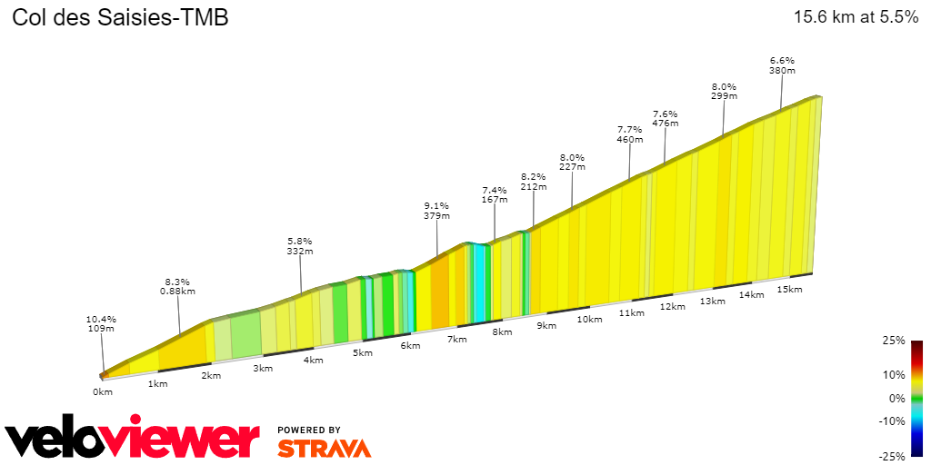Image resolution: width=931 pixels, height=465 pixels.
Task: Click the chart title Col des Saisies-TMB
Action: pyautogui.click(x=119, y=17)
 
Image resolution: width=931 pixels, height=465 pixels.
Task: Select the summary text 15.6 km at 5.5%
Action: pyautogui.click(x=856, y=17)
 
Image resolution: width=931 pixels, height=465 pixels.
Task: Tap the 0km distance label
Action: pyautogui.click(x=102, y=391)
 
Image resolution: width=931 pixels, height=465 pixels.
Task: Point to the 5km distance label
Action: pyautogui.click(x=363, y=352)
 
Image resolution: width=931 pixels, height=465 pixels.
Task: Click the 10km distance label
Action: pyautogui.click(x=589, y=319)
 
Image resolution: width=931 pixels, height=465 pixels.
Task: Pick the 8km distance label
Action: pyautogui.click(x=501, y=332)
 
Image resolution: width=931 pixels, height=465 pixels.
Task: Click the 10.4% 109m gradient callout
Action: pyautogui.click(x=101, y=323)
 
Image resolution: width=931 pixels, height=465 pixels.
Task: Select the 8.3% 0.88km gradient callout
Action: pyautogui.click(x=179, y=286)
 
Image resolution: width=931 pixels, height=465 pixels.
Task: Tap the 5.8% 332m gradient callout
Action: pyautogui.click(x=300, y=246)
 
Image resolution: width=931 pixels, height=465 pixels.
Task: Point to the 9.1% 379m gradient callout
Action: pyautogui.click(x=436, y=211)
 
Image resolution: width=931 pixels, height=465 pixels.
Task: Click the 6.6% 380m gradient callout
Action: pyautogui.click(x=782, y=64)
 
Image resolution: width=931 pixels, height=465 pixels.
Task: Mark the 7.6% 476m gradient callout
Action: pyautogui.click(x=666, y=118)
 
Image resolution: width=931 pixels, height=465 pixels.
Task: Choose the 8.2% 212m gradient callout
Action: pyautogui.click(x=534, y=182)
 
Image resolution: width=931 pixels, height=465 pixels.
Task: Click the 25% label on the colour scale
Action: pyautogui.click(x=894, y=341)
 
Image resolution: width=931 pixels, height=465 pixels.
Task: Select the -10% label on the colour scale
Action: pyautogui.click(x=892, y=420)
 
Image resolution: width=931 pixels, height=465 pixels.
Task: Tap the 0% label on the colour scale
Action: pyautogui.click(x=896, y=398)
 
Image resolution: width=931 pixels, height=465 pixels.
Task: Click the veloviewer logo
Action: pyautogui.click(x=132, y=439)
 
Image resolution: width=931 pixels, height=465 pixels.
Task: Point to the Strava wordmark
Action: pyautogui.click(x=324, y=449)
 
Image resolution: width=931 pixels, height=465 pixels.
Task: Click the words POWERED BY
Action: pyautogui.click(x=309, y=430)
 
